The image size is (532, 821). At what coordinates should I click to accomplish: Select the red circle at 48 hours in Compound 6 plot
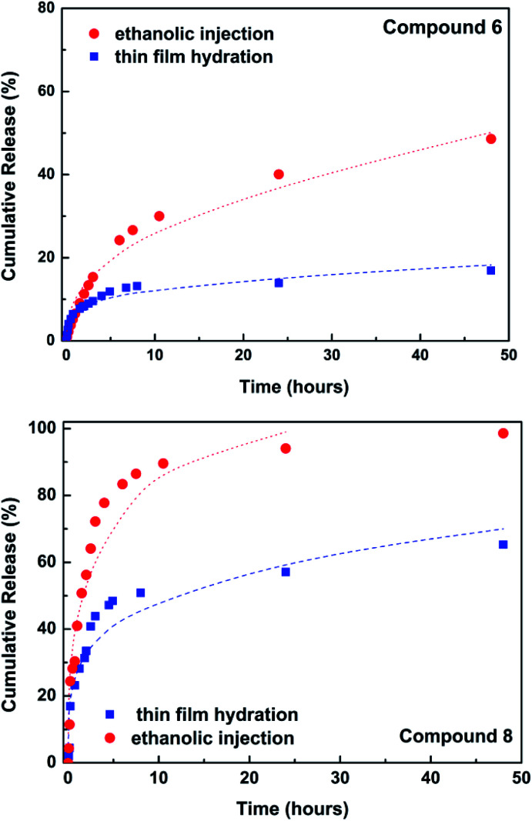coord(490,139)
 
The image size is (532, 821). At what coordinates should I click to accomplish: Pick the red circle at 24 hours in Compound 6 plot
coord(279,174)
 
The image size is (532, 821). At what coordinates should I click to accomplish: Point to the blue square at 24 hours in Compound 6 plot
coord(279,282)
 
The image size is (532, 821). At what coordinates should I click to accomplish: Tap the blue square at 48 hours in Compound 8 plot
coord(504,544)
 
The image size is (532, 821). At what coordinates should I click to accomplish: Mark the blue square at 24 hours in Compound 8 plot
coord(286,572)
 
